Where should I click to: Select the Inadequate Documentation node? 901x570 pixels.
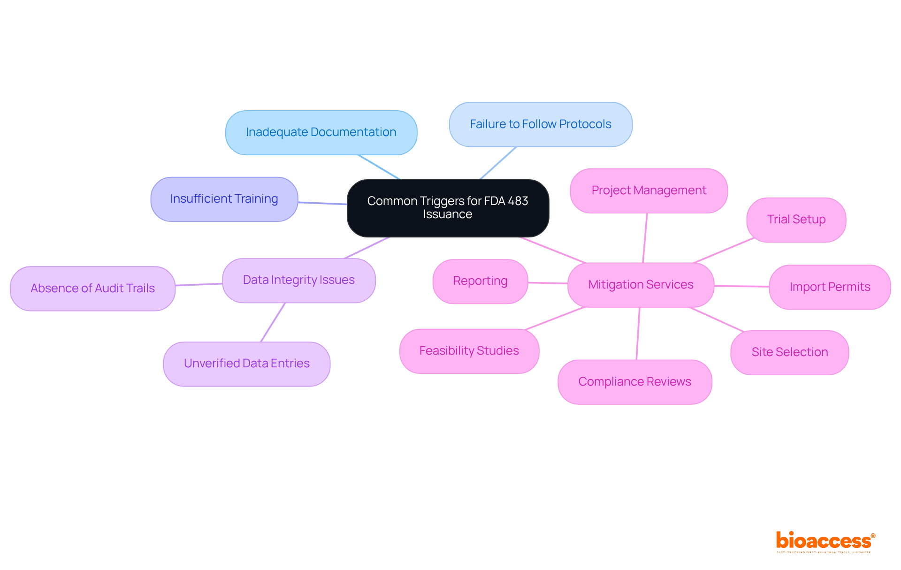click(x=321, y=133)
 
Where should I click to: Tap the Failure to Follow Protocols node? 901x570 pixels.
click(x=541, y=124)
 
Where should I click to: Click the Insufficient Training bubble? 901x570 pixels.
click(x=224, y=199)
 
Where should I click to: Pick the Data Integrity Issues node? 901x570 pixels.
click(x=298, y=280)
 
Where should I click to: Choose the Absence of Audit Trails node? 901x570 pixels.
click(x=92, y=289)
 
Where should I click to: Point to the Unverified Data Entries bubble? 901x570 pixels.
click(x=246, y=364)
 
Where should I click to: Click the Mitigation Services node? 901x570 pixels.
click(x=641, y=285)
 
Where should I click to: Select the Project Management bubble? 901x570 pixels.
click(x=649, y=190)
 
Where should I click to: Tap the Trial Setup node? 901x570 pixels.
click(x=796, y=220)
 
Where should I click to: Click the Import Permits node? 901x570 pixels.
click(x=830, y=287)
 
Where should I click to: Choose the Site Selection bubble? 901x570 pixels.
click(x=789, y=352)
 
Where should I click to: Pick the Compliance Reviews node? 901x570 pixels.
click(x=634, y=382)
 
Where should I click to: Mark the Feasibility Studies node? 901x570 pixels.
click(x=469, y=351)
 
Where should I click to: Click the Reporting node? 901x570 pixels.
click(x=480, y=281)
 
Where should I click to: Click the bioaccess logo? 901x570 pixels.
click(x=825, y=541)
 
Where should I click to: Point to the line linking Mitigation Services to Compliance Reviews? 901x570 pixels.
click(x=638, y=334)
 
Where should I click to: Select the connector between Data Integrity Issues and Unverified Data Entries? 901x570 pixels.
click(x=273, y=322)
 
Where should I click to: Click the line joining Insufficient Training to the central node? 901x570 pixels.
click(x=322, y=203)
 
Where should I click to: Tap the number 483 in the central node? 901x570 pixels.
click(x=518, y=201)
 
